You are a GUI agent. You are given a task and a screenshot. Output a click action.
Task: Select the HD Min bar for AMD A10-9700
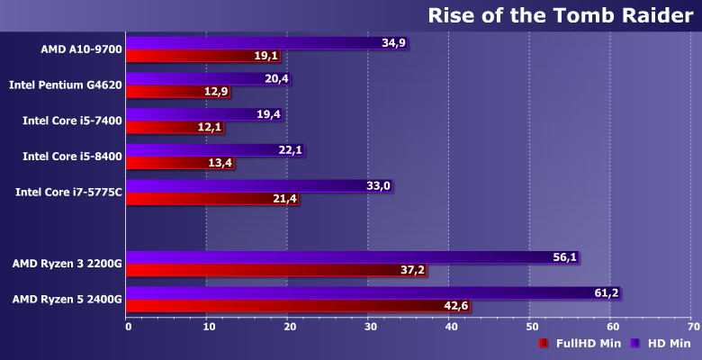(x=266, y=42)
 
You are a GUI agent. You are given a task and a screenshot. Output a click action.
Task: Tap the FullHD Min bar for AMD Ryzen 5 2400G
(x=298, y=306)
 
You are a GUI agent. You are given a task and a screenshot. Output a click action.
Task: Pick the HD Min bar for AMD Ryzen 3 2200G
(x=352, y=257)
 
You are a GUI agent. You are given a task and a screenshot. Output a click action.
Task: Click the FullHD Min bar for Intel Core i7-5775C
(x=211, y=199)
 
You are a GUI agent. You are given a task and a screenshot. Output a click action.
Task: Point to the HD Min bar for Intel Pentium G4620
(x=208, y=78)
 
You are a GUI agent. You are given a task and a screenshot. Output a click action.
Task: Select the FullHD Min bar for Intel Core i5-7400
(x=175, y=127)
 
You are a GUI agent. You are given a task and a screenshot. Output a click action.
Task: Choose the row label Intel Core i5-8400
(x=72, y=157)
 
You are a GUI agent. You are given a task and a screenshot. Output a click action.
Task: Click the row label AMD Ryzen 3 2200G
(x=67, y=264)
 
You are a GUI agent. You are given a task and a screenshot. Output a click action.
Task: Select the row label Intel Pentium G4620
(x=66, y=85)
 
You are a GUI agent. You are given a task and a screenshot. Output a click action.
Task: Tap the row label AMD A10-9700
(x=81, y=49)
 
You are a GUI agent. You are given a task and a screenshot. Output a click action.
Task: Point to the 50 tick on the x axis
(x=530, y=326)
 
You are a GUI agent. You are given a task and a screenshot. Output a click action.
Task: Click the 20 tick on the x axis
(x=288, y=326)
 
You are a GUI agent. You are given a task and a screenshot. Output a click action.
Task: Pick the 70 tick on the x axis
(x=691, y=326)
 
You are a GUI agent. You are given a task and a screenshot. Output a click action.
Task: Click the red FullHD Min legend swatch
(x=544, y=343)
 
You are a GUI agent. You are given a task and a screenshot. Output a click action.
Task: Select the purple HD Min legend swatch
(x=635, y=343)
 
